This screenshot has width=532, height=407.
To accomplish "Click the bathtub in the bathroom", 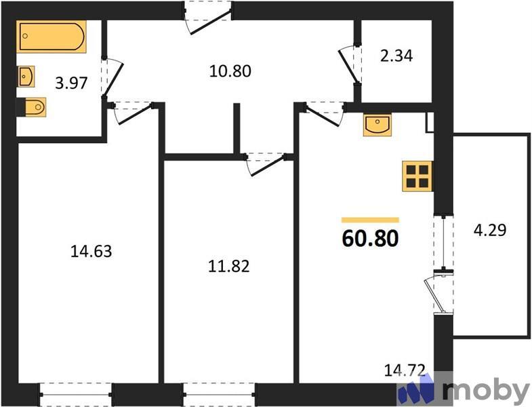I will (x=52, y=37).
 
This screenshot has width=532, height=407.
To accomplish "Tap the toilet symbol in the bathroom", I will (x=32, y=106).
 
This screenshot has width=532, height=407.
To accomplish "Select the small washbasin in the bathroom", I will (x=26, y=77).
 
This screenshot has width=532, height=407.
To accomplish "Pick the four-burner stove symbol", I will (x=417, y=175).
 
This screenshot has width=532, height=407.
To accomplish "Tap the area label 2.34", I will (x=396, y=56).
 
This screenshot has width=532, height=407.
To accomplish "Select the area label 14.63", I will (x=90, y=252).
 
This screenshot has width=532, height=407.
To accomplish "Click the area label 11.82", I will (x=228, y=266).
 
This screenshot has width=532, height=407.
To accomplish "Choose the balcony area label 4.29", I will (x=490, y=230).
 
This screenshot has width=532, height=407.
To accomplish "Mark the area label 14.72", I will (x=405, y=370).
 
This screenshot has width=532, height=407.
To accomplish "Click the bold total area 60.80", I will (x=370, y=239).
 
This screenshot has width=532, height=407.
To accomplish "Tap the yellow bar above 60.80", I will (x=370, y=220).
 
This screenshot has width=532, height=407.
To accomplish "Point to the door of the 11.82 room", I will (x=264, y=163).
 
